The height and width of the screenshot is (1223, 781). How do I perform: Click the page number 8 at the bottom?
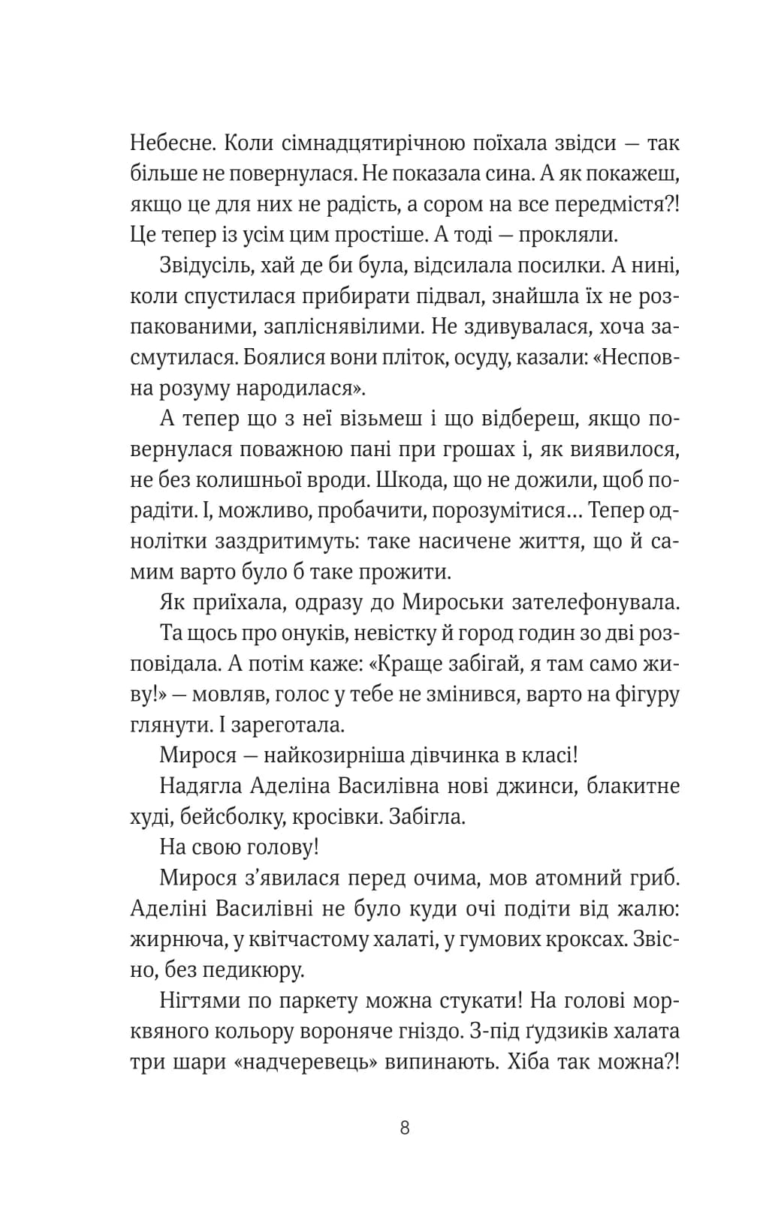(405, 1128)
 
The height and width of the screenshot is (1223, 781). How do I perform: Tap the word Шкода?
(409, 480)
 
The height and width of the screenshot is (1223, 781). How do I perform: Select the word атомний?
(556, 879)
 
